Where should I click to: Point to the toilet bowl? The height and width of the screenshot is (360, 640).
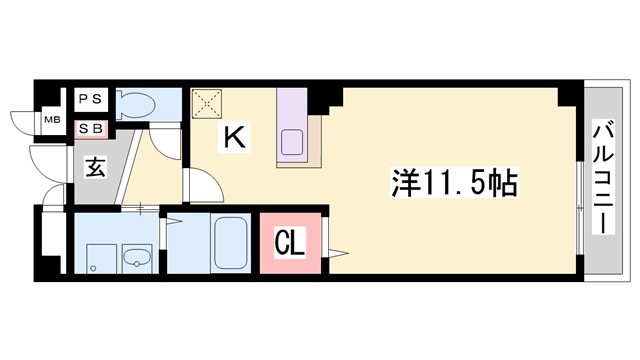pyautogui.click(x=141, y=104)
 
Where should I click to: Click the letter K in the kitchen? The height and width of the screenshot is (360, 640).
pyautogui.click(x=233, y=138)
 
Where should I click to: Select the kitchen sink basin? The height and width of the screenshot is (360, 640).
pyautogui.click(x=292, y=142)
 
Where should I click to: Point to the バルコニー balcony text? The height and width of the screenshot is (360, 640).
pyautogui.click(x=603, y=178)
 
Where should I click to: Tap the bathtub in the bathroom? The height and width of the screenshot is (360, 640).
pyautogui.click(x=231, y=242)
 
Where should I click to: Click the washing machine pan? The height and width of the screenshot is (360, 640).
pyautogui.click(x=96, y=257)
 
